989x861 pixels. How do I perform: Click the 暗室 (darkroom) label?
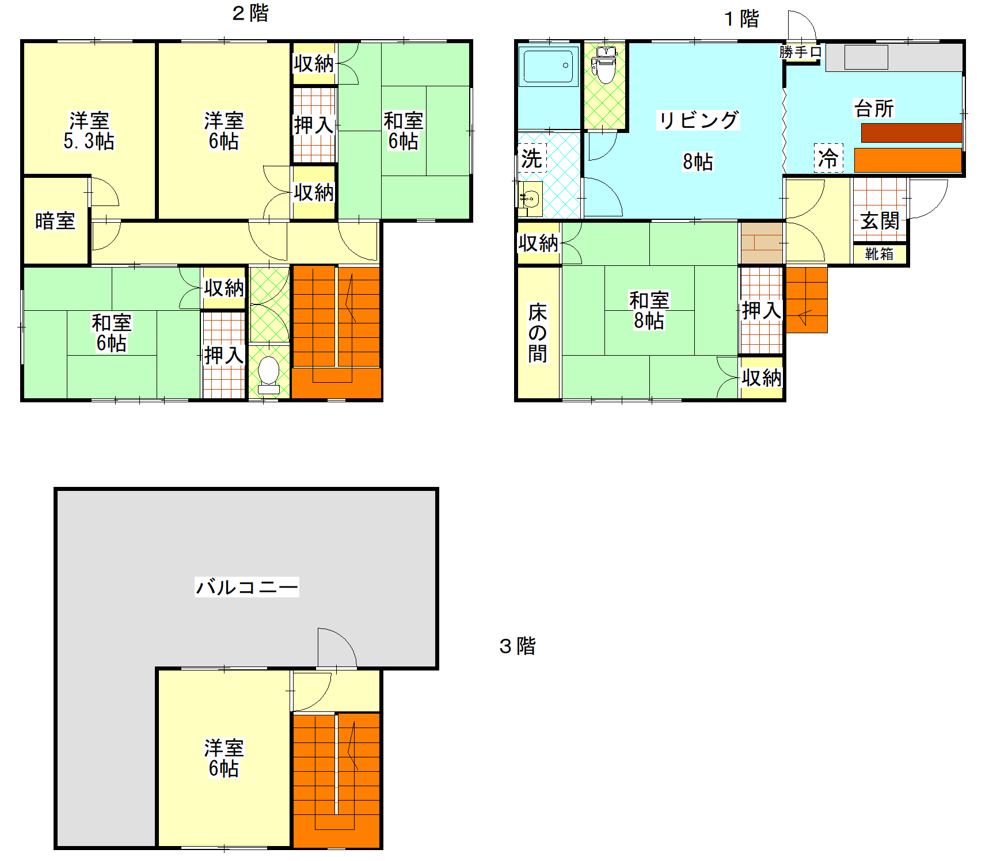pos(55,221)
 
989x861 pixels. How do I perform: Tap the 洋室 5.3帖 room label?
pos(89,131)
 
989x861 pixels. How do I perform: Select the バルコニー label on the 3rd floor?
pos(247,587)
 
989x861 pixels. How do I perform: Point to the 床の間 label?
pos(538,333)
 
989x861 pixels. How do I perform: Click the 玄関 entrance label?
pos(880,220)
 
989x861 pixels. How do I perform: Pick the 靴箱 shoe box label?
pos(880,254)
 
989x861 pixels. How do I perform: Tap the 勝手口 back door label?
pos(801,52)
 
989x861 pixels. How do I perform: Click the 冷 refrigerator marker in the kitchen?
pos(828,158)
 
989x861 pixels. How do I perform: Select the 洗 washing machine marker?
pos(532,158)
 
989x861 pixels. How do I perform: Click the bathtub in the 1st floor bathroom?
pos(549,66)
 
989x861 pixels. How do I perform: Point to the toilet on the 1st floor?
pos(604,65)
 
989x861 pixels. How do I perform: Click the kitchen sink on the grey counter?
pos(866,58)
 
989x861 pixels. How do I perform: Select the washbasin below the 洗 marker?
pos(530,199)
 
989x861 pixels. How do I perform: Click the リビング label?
pos(698,120)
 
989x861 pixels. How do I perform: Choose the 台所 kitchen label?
pos(874,108)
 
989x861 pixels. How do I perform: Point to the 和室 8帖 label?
pos(649,310)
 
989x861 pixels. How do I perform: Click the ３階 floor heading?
pos(518,646)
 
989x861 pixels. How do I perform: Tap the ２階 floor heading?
pos(250,13)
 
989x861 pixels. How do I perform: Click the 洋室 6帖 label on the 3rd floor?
pos(224,758)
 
